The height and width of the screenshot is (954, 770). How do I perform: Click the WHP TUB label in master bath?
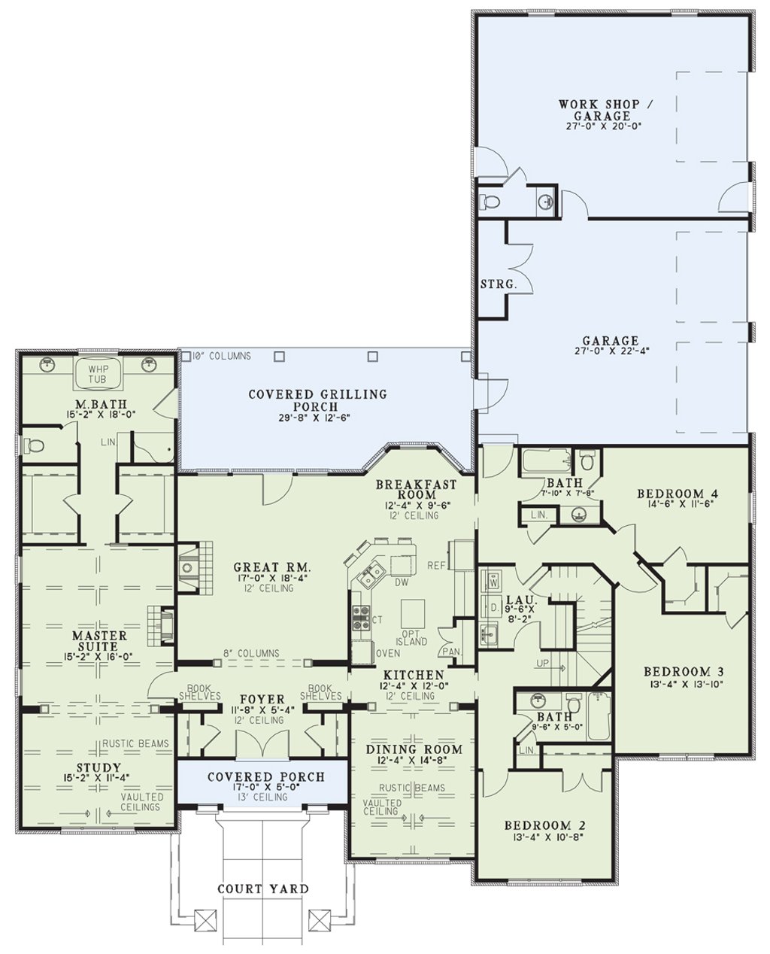[x=98, y=373]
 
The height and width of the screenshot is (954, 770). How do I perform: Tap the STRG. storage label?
[x=499, y=284]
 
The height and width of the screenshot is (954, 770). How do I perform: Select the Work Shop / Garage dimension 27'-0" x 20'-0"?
[x=604, y=126]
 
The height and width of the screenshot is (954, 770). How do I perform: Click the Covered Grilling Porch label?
[x=317, y=400]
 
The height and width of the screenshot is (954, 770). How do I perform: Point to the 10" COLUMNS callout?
[x=221, y=356]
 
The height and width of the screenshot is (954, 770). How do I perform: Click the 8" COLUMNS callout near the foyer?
[x=251, y=653]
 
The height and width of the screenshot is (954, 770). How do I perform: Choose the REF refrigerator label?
[x=437, y=566]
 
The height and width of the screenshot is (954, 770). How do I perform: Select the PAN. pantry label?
[x=451, y=652]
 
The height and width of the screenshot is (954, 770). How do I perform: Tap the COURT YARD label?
[x=263, y=889]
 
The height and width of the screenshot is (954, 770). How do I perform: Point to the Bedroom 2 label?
[x=545, y=825]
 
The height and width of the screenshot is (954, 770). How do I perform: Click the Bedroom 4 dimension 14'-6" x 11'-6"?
[x=678, y=504]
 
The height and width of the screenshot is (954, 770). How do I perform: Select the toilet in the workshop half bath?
[x=489, y=202]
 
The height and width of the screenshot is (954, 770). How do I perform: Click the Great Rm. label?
[x=271, y=567]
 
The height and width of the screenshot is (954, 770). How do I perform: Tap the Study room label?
[x=98, y=767]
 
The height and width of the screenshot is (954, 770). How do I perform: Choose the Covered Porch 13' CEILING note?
[x=262, y=797]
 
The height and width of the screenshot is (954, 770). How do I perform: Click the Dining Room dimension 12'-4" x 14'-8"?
[x=414, y=760]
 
